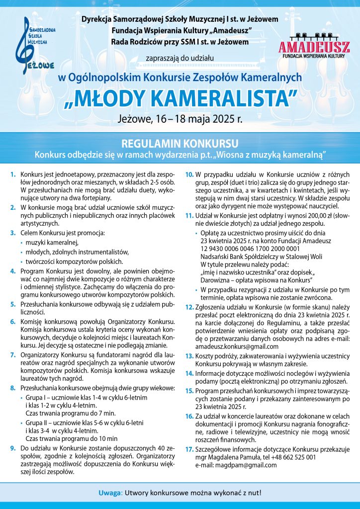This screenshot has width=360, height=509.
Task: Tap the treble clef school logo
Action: tap(35, 45)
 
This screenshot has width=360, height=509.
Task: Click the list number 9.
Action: tap(12, 448)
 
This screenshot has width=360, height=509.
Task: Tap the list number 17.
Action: tap(189, 449)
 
